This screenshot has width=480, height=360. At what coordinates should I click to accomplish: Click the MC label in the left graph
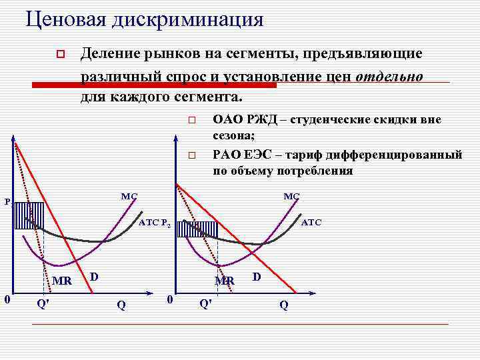pos(129,197)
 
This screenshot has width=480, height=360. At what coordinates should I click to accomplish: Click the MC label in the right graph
pos(291,196)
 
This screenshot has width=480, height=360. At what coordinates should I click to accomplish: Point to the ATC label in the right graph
pos(311,223)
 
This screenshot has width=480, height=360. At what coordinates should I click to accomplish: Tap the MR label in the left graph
pos(62,280)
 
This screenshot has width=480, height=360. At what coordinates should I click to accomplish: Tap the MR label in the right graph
pos(225,281)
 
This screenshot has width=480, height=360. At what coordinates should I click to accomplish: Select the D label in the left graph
pos(94,276)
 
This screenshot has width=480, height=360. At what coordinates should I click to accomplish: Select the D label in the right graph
pos(257,276)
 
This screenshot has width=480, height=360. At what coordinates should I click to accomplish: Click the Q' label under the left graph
pos(42,304)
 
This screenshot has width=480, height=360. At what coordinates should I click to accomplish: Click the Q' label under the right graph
pos(206,304)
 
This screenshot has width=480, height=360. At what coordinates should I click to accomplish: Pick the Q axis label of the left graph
pos(121,305)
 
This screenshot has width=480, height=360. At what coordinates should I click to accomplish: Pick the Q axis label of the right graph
pos(284,305)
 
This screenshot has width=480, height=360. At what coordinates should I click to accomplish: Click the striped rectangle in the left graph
pos(29,215)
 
